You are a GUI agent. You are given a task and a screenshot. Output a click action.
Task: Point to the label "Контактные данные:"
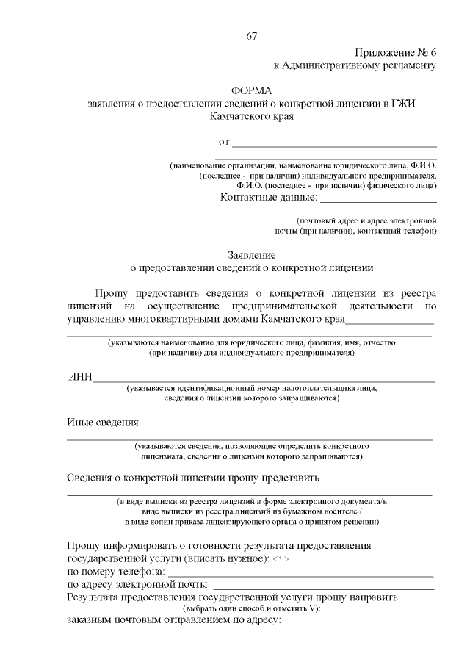269,198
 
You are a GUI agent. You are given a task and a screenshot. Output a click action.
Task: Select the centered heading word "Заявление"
251,254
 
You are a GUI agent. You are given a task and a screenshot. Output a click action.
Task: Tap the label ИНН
79,378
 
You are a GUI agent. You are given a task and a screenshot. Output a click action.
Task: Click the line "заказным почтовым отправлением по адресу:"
170,621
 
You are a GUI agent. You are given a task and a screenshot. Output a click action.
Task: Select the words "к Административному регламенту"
355,65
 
